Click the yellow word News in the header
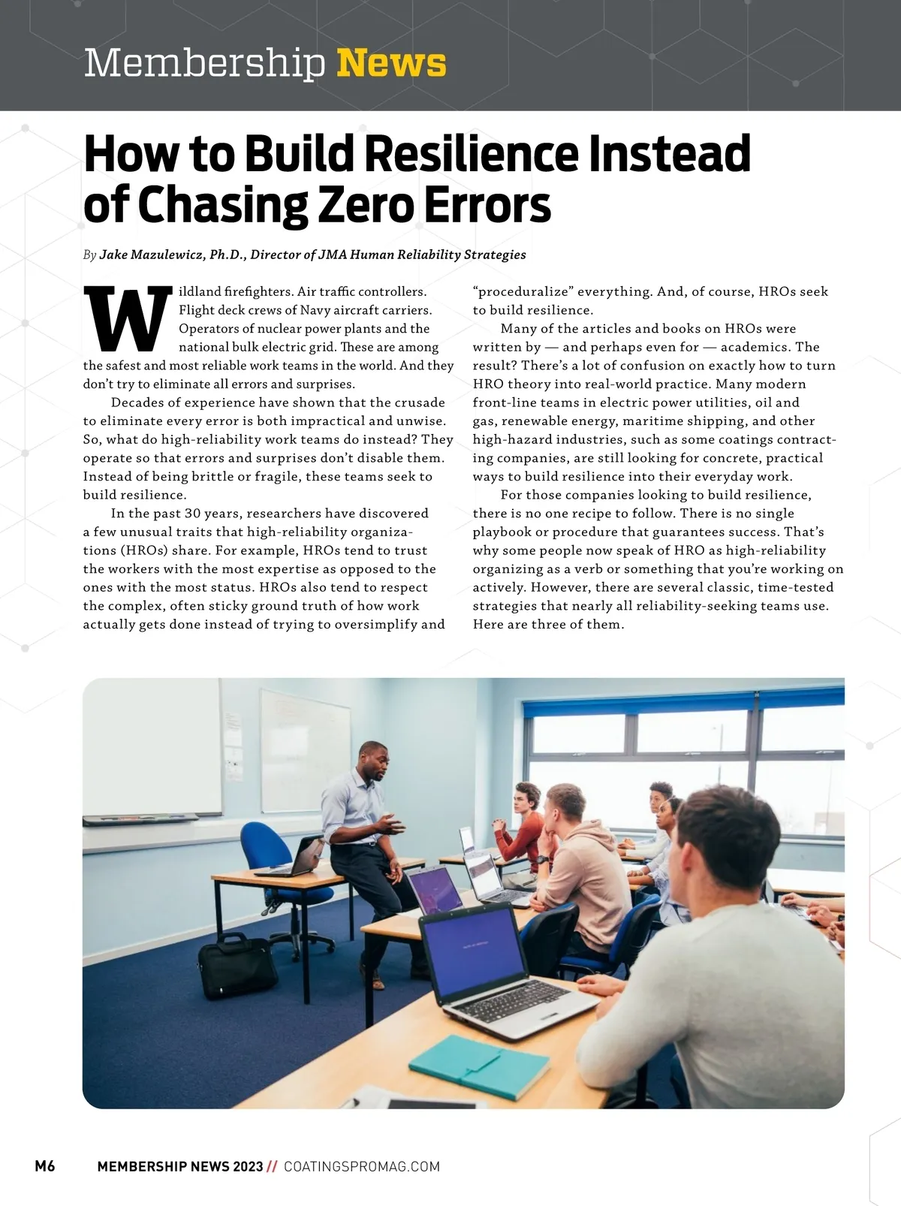click(391, 63)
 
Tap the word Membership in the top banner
click(204, 63)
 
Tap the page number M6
click(45, 1166)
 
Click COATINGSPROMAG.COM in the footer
click(362, 1166)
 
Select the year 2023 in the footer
click(248, 1166)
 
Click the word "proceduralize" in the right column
click(521, 291)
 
